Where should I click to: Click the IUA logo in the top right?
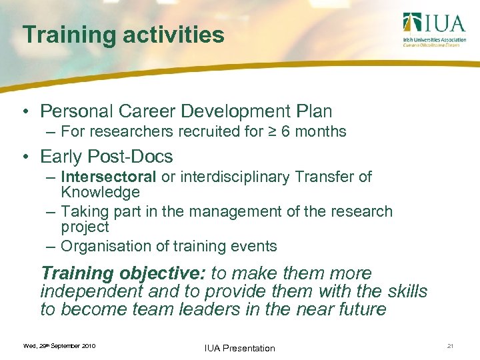click(433, 30)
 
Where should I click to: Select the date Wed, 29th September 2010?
click(59, 346)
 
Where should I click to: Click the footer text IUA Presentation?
click(240, 348)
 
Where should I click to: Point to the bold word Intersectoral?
click(109, 177)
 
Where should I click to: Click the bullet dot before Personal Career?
click(25, 111)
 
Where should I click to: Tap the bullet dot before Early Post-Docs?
click(25, 157)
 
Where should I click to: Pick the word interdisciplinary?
click(234, 177)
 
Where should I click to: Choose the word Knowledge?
click(100, 193)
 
